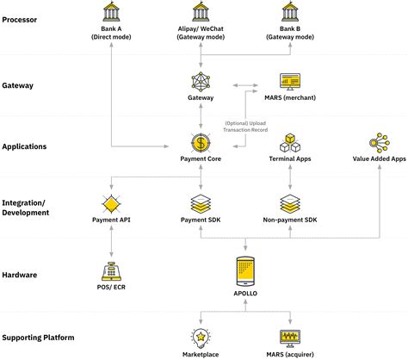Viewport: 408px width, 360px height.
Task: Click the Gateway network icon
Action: pyautogui.click(x=201, y=83)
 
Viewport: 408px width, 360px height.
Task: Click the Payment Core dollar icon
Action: pyautogui.click(x=201, y=141)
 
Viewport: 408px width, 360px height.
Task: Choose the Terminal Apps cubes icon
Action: pyautogui.click(x=290, y=142)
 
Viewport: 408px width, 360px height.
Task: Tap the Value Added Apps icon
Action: pyautogui.click(x=379, y=142)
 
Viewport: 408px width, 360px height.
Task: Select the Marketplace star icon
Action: pyautogui.click(x=201, y=337)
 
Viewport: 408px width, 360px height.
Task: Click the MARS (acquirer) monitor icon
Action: pyautogui.click(x=290, y=337)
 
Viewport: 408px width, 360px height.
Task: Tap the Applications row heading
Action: pyautogui.click(x=26, y=146)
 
